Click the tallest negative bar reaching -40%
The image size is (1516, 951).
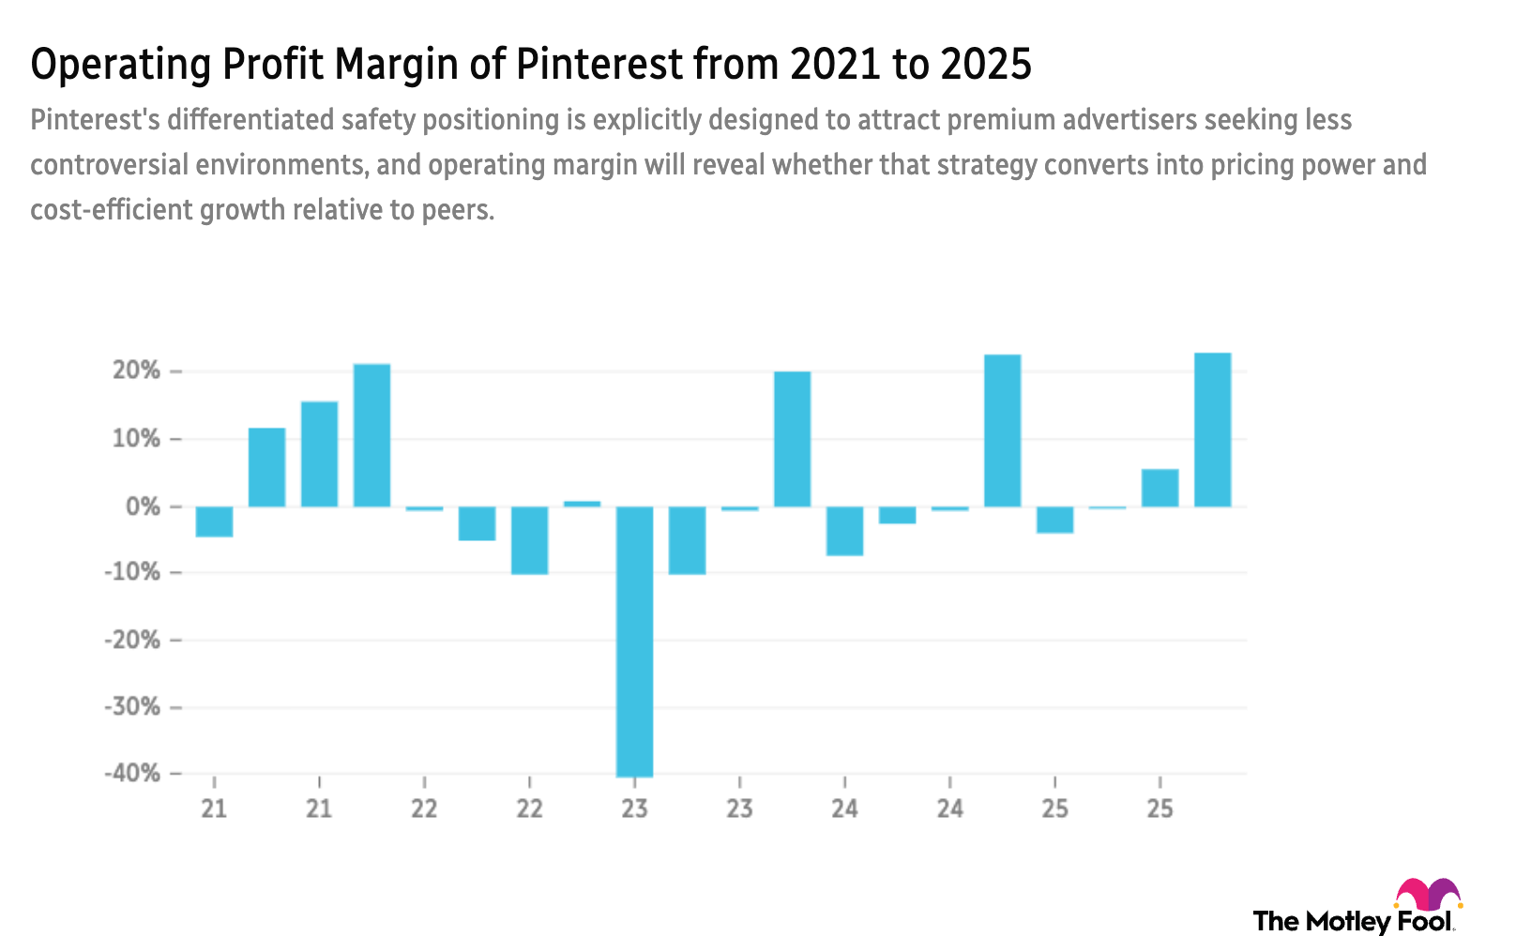point(635,642)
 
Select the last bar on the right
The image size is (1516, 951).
point(1212,430)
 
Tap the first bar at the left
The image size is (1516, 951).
point(214,522)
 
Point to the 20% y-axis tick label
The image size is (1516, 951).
point(137,370)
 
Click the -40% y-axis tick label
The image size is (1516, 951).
point(132,773)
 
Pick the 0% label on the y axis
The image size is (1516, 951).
point(143,506)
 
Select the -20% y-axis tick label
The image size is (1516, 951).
point(132,640)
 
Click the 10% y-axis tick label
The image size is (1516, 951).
point(137,439)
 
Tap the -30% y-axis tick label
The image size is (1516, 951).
point(132,706)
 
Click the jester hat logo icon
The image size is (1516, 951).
point(1427,896)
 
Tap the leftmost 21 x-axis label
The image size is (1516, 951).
point(214,808)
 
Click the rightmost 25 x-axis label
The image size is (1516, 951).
point(1160,808)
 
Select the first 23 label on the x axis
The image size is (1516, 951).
point(635,808)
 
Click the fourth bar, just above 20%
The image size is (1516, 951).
point(372,434)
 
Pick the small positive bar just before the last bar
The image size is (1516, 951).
point(1160,488)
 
